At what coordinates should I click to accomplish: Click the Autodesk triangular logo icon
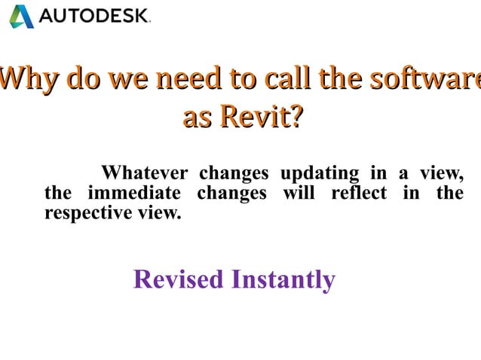pyautogui.click(x=21, y=16)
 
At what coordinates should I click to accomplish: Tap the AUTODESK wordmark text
pyautogui.click(x=93, y=16)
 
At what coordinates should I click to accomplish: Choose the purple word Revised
pyautogui.click(x=178, y=279)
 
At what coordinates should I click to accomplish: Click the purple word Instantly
pyautogui.click(x=283, y=279)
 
